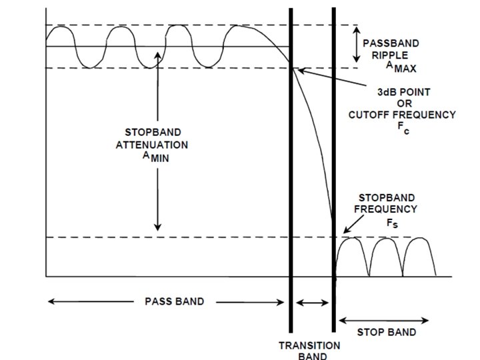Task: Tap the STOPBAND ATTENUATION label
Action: pyautogui.click(x=157, y=139)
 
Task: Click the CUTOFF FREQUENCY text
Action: pyautogui.click(x=402, y=114)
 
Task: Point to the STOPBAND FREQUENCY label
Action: pyautogui.click(x=388, y=203)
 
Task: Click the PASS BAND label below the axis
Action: pyautogui.click(x=175, y=301)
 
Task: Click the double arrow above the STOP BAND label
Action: pyautogui.click(x=383, y=319)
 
